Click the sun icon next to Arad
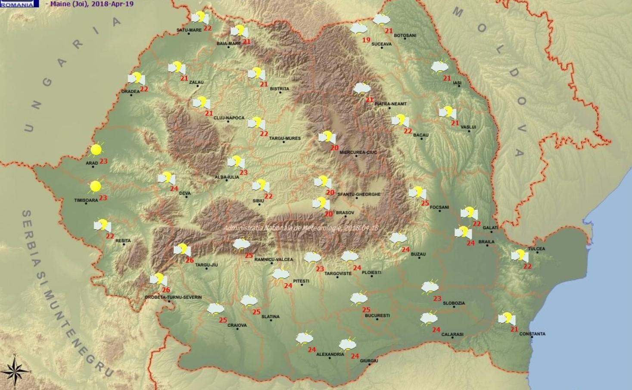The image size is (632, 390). tap(96, 150)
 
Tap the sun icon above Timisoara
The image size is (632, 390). tap(95, 187)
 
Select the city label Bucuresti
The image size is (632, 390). tap(377, 315)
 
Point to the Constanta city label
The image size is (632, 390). tap(532, 334)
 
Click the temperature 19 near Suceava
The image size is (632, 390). tap(366, 40)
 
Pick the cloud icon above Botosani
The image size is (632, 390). tap(381, 19)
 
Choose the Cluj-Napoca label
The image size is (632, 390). tap(229, 118)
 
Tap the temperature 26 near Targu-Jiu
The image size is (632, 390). tap(190, 260)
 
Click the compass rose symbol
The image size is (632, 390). tap(15, 371)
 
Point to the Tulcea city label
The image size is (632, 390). tap(536, 249)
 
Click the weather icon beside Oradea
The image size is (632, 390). tap(136, 78)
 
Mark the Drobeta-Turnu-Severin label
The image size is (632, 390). tap(173, 297)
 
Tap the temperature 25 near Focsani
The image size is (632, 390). tap(425, 203)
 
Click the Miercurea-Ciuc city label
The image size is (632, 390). tap(358, 152)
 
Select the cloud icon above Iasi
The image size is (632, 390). tap(439, 67)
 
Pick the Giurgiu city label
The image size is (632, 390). tap(369, 361)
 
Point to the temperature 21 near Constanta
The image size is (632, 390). tap(514, 329)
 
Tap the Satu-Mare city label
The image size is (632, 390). tap(189, 30)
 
